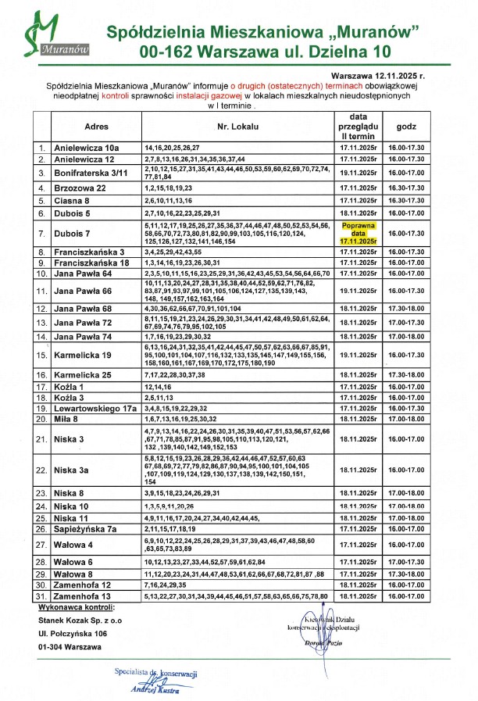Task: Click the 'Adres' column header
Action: click(x=96, y=127)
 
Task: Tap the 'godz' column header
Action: click(x=406, y=127)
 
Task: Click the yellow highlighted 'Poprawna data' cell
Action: click(x=358, y=233)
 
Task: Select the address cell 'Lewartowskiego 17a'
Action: click(x=95, y=408)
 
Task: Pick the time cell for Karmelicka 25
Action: click(x=406, y=375)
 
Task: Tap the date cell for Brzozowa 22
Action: click(x=358, y=188)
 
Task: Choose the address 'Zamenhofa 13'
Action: click(x=82, y=596)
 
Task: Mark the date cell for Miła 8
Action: click(x=358, y=419)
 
